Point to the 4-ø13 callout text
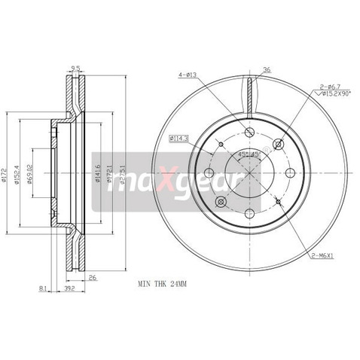point(188,74)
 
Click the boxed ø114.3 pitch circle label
point(178,138)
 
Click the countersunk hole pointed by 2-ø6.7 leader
point(279,144)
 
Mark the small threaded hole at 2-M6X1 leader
point(278,201)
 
